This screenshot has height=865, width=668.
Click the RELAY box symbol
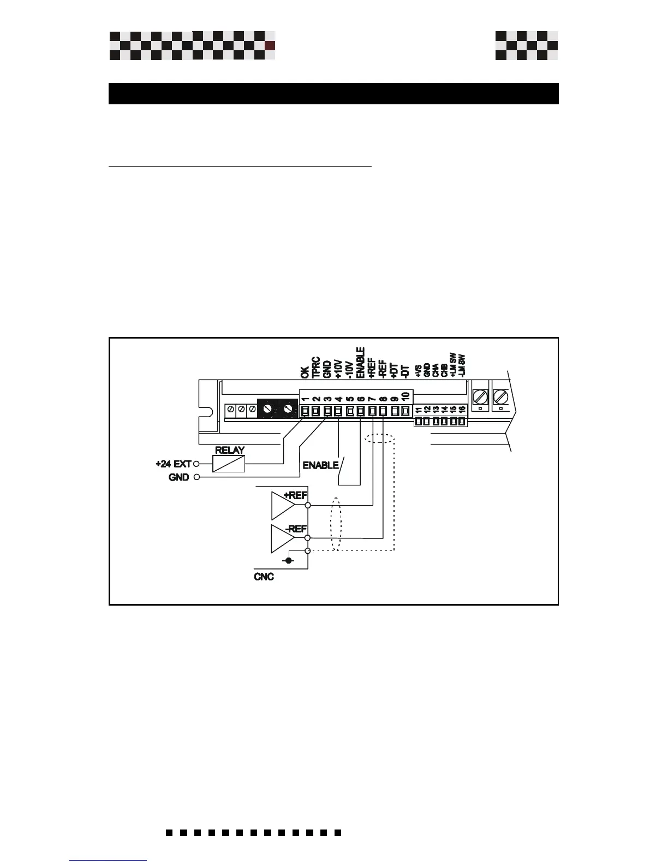tap(228, 464)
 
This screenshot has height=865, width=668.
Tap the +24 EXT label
tap(173, 464)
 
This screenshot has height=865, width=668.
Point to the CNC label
tap(264, 577)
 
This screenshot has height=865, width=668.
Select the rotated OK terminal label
tap(305, 372)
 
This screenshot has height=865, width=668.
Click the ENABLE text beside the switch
tap(320, 465)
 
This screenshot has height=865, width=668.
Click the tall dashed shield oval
tap(336, 525)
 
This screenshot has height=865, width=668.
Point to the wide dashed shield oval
tap(380, 439)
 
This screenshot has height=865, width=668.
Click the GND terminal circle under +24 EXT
tap(196, 477)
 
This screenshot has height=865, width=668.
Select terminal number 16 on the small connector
tap(462, 410)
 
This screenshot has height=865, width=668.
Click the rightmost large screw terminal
tap(500, 396)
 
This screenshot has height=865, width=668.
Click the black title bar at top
tap(333, 93)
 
